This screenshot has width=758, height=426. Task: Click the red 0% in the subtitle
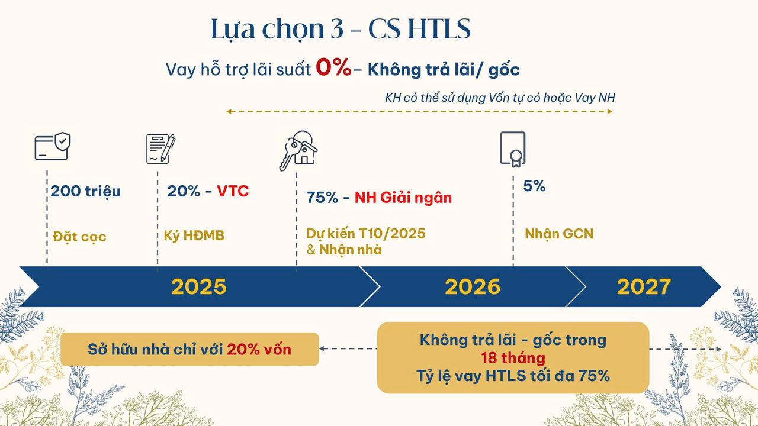(x=333, y=68)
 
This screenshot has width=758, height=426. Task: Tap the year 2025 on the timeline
(x=199, y=287)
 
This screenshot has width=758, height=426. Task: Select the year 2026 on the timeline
(x=473, y=287)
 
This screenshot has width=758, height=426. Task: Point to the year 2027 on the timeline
(x=644, y=287)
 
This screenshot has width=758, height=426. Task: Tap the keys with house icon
(x=298, y=150)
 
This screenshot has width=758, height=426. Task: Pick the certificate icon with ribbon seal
(x=512, y=148)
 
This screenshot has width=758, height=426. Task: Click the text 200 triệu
(x=85, y=191)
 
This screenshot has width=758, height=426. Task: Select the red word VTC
(x=233, y=191)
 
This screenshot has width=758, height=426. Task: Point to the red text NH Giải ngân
(x=403, y=198)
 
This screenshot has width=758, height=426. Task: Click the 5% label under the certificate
(x=534, y=186)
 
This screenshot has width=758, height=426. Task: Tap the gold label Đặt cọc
(x=79, y=237)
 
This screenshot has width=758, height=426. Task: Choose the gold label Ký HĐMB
(x=194, y=236)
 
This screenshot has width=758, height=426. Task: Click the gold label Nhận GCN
(x=559, y=234)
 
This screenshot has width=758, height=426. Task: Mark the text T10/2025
(x=393, y=233)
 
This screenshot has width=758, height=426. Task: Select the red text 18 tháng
(x=513, y=358)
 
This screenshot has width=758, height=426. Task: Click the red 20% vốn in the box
(x=259, y=349)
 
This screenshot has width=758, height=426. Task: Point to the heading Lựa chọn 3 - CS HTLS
(x=341, y=30)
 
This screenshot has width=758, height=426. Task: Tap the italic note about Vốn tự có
(x=500, y=98)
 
